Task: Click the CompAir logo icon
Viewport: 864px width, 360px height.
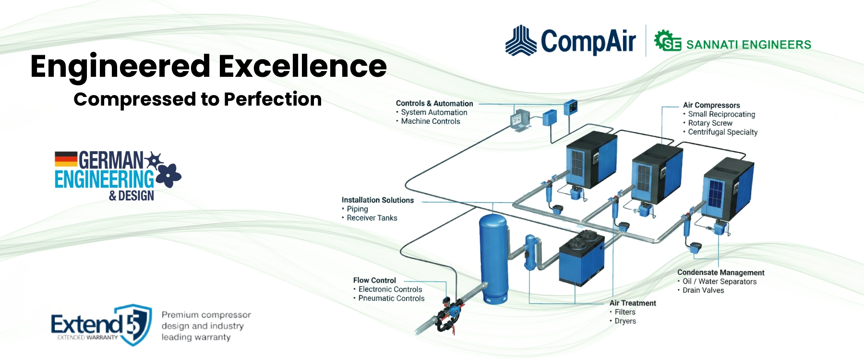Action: tap(521, 41)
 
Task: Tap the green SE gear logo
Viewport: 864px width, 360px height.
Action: tap(667, 41)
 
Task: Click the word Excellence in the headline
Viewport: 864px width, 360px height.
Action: tap(303, 66)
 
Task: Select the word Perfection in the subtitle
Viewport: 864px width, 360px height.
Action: tap(273, 99)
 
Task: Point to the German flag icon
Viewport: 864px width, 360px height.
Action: tap(66, 159)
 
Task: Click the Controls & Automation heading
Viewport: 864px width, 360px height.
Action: tap(434, 103)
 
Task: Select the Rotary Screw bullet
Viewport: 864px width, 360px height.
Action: tap(710, 123)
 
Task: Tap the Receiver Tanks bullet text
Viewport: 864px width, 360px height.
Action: tap(372, 218)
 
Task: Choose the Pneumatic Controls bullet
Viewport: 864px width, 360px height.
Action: tap(391, 298)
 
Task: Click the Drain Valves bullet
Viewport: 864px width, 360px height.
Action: tap(703, 290)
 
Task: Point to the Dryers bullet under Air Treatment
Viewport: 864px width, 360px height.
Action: tap(625, 321)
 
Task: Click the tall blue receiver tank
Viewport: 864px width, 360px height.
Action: tap(494, 259)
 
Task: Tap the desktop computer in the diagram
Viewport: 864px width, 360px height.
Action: tap(520, 120)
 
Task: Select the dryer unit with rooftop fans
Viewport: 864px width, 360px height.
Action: tap(581, 259)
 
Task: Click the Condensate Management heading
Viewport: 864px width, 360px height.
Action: tap(720, 272)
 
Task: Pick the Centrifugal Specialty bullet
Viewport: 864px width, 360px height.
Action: tap(722, 132)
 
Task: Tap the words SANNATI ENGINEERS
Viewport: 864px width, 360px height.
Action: tap(748, 45)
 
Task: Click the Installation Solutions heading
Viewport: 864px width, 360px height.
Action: tap(377, 200)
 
